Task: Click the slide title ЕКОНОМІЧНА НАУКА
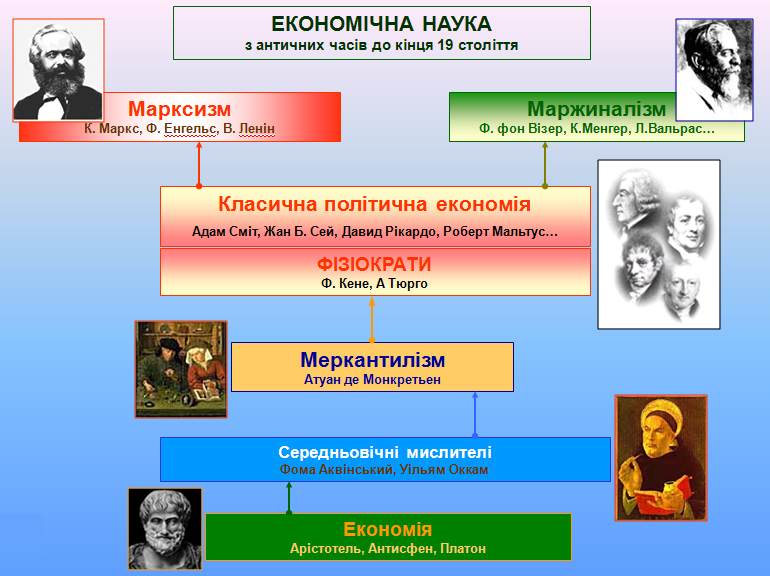pos(381,24)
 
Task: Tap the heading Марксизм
pos(180,108)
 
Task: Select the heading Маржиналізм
pos(596,108)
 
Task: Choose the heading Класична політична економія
pos(374,204)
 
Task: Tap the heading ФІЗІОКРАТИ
pos(375,265)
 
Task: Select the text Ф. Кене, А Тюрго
pos(375,284)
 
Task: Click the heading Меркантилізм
pos(372,360)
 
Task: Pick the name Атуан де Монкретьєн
pos(372,379)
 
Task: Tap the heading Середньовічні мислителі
pos(385,451)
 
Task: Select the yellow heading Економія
pos(387,529)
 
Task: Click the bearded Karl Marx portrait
pos(58,69)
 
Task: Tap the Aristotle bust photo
pos(165,528)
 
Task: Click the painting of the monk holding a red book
pos(654,457)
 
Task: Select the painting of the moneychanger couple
pos(181,368)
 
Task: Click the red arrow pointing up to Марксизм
pos(199,164)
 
